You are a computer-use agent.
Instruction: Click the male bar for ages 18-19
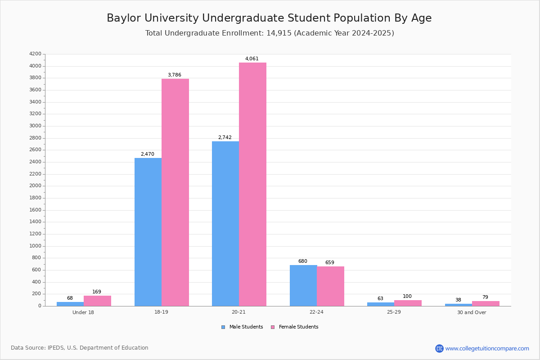coord(148,232)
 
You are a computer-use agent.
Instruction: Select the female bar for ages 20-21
coord(252,184)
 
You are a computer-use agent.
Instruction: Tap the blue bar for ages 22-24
coord(303,285)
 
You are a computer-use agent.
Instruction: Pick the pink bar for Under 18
coord(97,301)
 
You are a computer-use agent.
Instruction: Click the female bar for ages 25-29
coord(408,303)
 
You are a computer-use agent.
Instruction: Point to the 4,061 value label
coord(252,59)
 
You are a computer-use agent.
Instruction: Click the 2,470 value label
coord(148,154)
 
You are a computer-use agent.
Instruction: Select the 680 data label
coord(303,261)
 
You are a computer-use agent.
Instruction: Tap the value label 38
coord(458,300)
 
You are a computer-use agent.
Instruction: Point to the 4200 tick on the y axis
coord(35,54)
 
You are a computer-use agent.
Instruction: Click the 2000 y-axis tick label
coord(35,186)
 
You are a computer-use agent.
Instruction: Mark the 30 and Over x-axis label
coord(472,312)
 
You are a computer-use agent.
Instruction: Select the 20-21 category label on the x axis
coord(239,312)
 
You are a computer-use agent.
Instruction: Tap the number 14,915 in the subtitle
coord(277,33)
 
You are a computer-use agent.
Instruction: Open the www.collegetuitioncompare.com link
coord(487,348)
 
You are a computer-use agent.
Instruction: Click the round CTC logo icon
coord(439,348)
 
